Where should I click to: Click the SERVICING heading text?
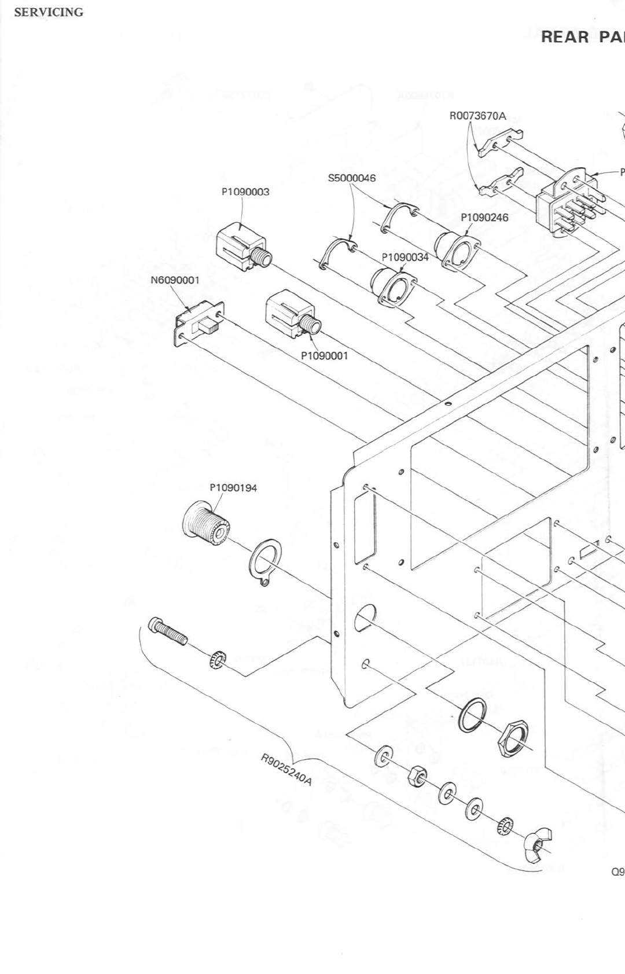pos(49,12)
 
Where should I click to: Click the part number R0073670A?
pos(477,116)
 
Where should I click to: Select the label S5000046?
pos(352,178)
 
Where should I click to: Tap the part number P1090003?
pos(245,192)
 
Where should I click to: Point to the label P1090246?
pos(484,218)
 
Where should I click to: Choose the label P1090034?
pos(405,257)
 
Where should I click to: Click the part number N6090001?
pos(175,280)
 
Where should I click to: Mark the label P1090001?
pos(325,355)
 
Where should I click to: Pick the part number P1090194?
pos(233,487)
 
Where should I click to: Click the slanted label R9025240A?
pos(286,769)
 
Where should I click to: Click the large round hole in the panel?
pos(365,617)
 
